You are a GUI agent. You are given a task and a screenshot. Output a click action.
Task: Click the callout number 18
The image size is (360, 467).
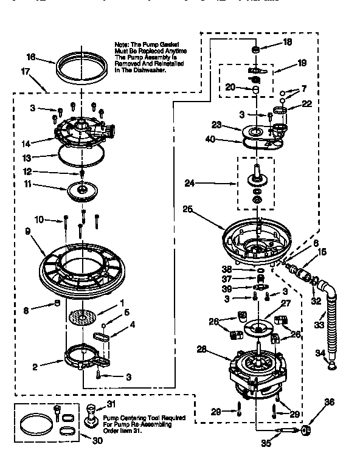pos(288,42)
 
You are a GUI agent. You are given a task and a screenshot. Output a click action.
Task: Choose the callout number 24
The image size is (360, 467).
pos(190,181)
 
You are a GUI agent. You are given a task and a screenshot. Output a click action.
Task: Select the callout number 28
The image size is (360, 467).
pos(202,349)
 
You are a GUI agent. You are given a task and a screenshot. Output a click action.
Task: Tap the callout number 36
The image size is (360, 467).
pos(329,401)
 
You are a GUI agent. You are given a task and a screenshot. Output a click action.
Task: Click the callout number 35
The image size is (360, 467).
pos(265,443)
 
